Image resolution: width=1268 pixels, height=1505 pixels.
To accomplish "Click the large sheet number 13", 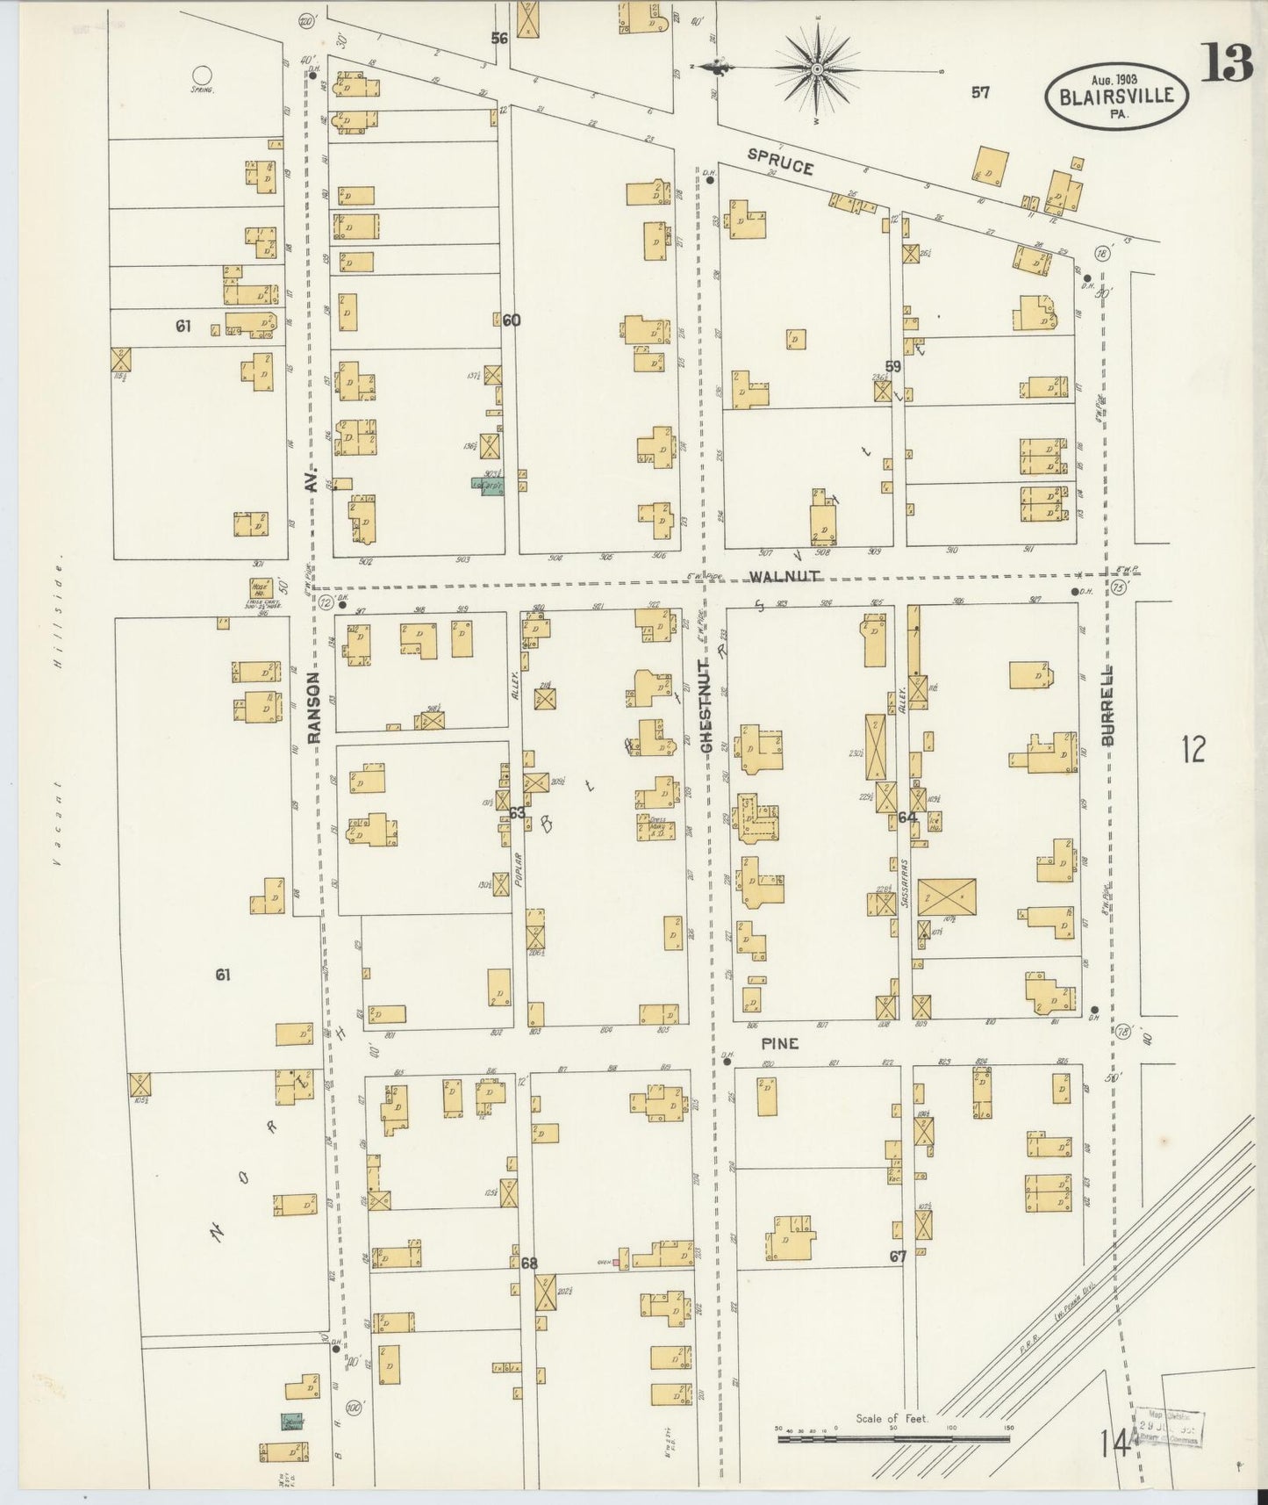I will pyautogui.click(x=1226, y=62).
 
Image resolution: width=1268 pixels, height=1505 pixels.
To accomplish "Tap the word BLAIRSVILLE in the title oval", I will pyautogui.click(x=1115, y=97).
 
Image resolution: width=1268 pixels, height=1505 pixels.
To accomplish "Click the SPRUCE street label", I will pyautogui.click(x=779, y=161).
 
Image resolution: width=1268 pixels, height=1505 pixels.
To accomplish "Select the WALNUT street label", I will pyautogui.click(x=784, y=576).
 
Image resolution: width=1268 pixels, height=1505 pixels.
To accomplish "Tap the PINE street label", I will pyautogui.click(x=779, y=1043).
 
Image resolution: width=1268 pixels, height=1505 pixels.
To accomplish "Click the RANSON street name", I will pyautogui.click(x=314, y=707).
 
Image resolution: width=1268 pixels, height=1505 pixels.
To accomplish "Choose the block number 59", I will pyautogui.click(x=892, y=366).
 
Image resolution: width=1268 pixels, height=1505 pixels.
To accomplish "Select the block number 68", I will pyautogui.click(x=528, y=1263).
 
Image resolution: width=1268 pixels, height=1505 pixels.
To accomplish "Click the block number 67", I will pyautogui.click(x=897, y=1257).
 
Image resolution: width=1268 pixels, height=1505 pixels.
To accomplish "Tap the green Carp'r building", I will pyautogui.click(x=492, y=486).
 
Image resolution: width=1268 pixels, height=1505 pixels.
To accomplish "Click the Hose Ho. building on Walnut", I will pyautogui.click(x=260, y=589).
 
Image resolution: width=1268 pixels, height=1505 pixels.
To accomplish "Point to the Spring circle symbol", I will pyautogui.click(x=202, y=76).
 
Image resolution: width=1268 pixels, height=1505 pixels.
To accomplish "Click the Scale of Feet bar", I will pyautogui.click(x=892, y=1439).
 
